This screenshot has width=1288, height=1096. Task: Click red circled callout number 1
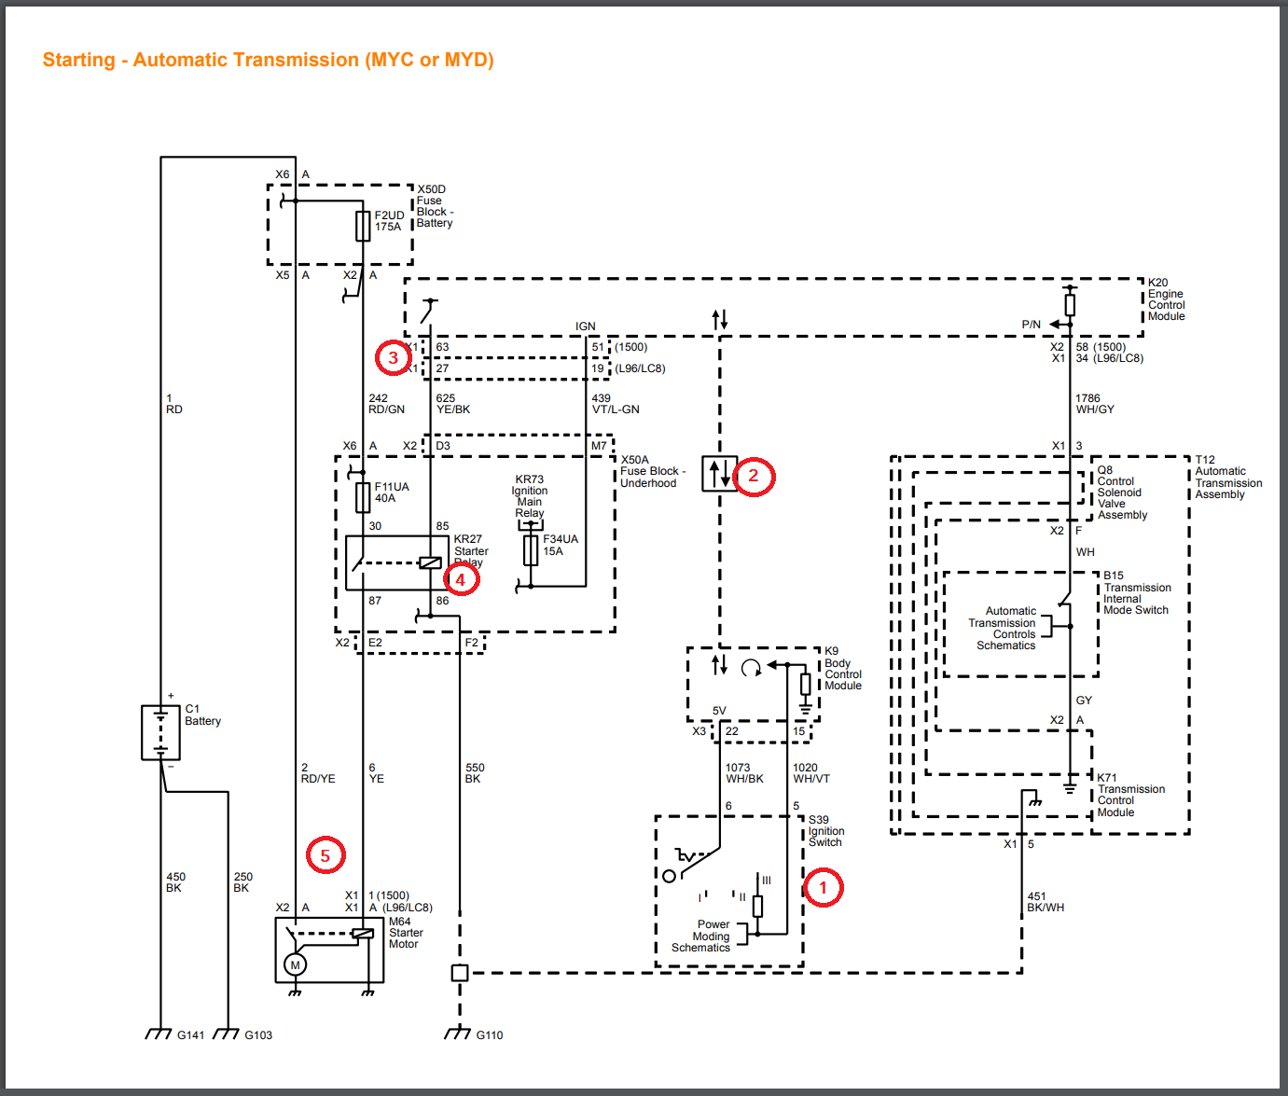click(824, 887)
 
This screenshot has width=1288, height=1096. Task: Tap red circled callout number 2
click(754, 476)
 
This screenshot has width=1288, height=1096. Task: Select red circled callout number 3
click(394, 357)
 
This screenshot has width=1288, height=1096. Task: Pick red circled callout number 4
click(461, 578)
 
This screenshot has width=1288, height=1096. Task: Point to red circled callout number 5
click(325, 854)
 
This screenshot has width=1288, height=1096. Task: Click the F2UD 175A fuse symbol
click(363, 226)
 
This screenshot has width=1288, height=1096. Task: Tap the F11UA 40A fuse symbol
click(363, 497)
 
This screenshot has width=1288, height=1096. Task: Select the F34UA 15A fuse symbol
click(531, 550)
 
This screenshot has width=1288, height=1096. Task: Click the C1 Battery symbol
click(160, 732)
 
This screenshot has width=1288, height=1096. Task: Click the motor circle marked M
click(296, 964)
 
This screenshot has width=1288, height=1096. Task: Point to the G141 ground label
click(190, 1035)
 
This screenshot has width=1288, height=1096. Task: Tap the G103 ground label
click(258, 1035)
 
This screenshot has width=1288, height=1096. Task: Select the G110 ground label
click(490, 1035)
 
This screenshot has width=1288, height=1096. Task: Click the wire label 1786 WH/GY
click(1094, 404)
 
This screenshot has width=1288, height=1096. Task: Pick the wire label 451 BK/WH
click(1045, 902)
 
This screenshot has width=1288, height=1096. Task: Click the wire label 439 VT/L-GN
click(616, 404)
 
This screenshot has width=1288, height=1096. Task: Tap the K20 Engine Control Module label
click(1166, 299)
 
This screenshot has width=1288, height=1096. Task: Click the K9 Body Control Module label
click(842, 669)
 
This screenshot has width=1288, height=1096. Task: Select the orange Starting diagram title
click(268, 60)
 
